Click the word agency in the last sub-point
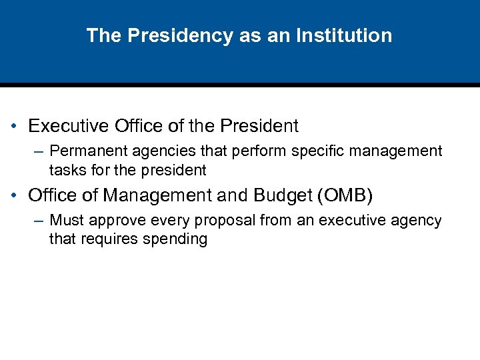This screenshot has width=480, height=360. [x=418, y=221]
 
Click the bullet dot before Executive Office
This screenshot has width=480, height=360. [x=14, y=126]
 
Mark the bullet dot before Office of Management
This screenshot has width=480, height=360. [x=14, y=196]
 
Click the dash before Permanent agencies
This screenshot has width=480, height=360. [x=37, y=152]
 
